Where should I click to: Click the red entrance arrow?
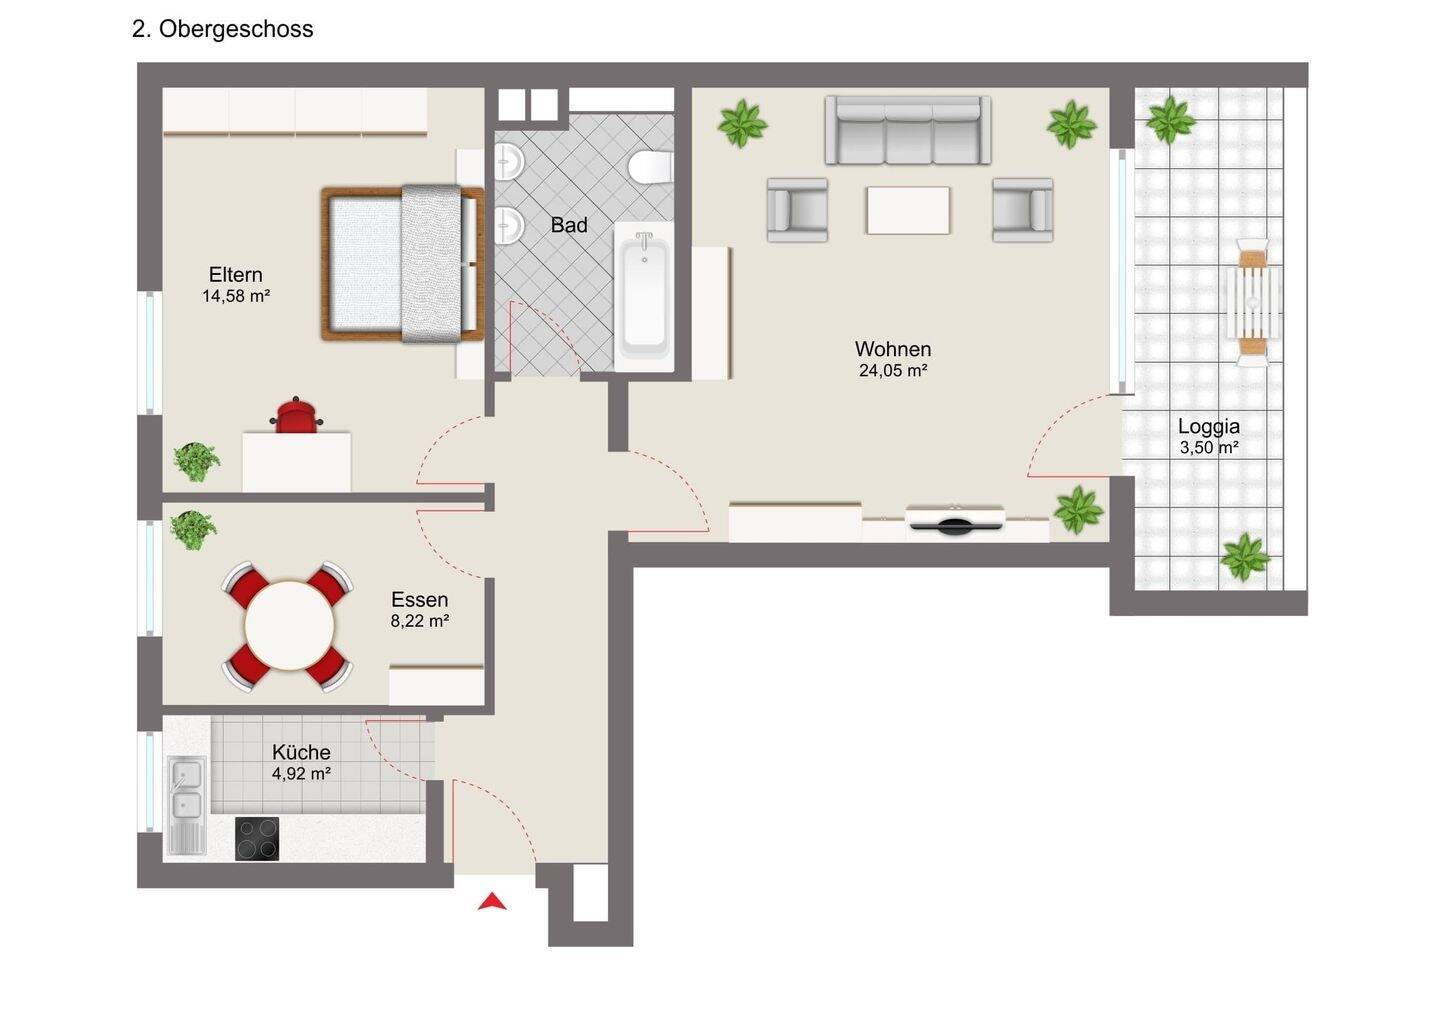492,902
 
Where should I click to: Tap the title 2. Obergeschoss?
222,29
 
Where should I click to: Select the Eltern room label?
235,274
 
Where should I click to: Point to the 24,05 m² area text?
893,370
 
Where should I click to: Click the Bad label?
569,225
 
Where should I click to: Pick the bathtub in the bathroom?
644,296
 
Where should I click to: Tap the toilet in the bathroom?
651,167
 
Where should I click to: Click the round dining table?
289,626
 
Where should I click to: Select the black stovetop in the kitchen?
257,839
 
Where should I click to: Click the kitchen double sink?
187,796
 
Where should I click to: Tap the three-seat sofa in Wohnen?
908,130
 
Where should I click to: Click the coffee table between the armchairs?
908,210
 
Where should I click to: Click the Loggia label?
1209,426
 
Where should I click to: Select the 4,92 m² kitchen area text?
301,773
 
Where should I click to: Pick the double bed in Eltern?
402,263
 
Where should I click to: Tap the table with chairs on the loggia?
1253,302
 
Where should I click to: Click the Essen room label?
419,600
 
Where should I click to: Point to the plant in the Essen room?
193,530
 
